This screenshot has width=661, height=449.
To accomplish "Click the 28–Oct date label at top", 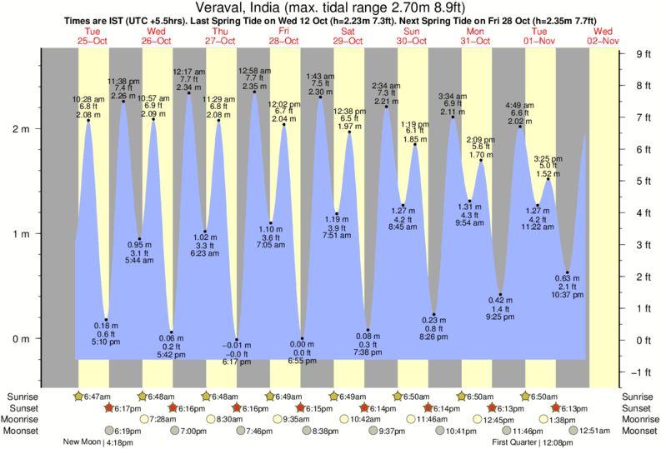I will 284,40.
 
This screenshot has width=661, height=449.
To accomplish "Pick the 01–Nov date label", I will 539,40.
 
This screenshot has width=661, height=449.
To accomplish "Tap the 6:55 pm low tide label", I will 303,362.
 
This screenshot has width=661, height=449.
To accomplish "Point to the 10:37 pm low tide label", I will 568,294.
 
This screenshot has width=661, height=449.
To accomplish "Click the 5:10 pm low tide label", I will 107,342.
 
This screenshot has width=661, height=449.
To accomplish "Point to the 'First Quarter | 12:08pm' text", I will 533,442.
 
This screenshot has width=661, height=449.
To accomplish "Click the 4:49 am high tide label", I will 521,105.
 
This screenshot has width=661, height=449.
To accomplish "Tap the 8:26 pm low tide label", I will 433,337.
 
